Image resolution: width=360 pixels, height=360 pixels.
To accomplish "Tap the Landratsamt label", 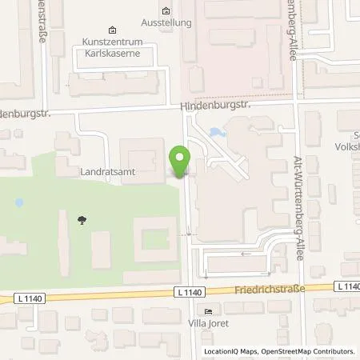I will (x=104, y=171).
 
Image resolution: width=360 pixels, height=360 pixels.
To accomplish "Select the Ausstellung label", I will (x=166, y=23).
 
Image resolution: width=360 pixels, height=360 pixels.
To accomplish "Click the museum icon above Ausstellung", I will (x=166, y=11).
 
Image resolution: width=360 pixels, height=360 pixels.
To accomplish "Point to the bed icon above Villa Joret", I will (x=209, y=312).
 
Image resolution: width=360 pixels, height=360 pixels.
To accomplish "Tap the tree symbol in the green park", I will (x=79, y=218).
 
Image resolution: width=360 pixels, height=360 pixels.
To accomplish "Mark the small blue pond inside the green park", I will (x=19, y=203).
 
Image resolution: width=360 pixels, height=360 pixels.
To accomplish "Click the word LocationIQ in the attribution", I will (x=220, y=351).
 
